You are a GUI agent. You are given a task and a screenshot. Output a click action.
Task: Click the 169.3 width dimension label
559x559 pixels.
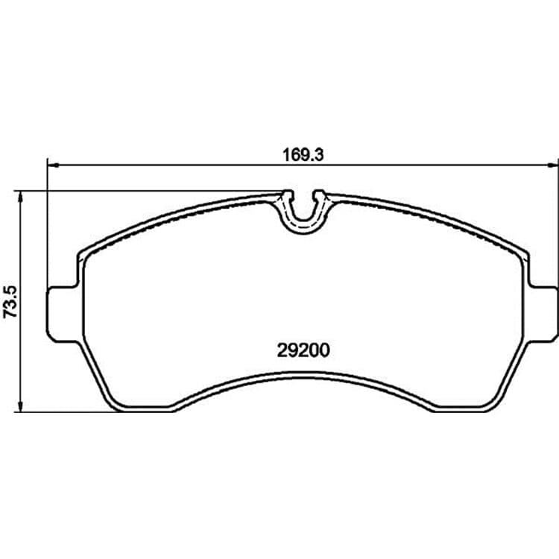tap(303, 156)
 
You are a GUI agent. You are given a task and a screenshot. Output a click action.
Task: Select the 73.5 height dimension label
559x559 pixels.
tap(10, 301)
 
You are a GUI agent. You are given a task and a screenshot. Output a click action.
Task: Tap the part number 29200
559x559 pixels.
tap(303, 351)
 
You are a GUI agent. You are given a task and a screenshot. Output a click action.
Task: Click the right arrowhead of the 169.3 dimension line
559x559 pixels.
tap(553, 165)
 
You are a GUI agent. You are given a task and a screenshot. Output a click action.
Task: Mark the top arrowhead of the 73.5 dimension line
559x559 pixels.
tap(22, 197)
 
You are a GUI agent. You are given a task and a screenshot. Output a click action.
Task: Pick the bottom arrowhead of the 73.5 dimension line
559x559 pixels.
tap(22, 407)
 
